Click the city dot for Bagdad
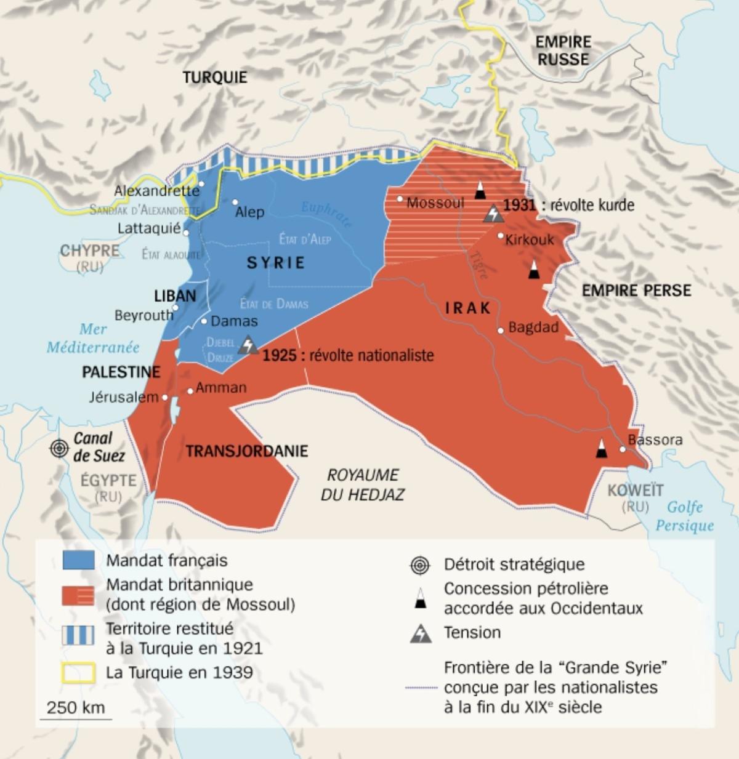(x=501, y=331)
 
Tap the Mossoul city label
(x=435, y=203)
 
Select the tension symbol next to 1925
(x=248, y=345)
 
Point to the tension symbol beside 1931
(x=493, y=214)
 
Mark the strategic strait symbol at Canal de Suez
(x=59, y=448)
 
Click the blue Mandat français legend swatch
(x=78, y=560)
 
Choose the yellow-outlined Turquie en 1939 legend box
(x=78, y=672)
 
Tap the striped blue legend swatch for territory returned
(x=78, y=635)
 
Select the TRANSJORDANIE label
(x=246, y=451)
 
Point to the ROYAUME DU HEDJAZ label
(x=362, y=484)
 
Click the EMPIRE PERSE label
(x=636, y=291)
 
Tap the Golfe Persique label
(x=684, y=516)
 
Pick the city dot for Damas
(x=204, y=321)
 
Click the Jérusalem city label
(x=123, y=397)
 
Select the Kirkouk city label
(x=530, y=239)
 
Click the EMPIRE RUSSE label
(x=563, y=50)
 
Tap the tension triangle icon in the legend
(x=421, y=633)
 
